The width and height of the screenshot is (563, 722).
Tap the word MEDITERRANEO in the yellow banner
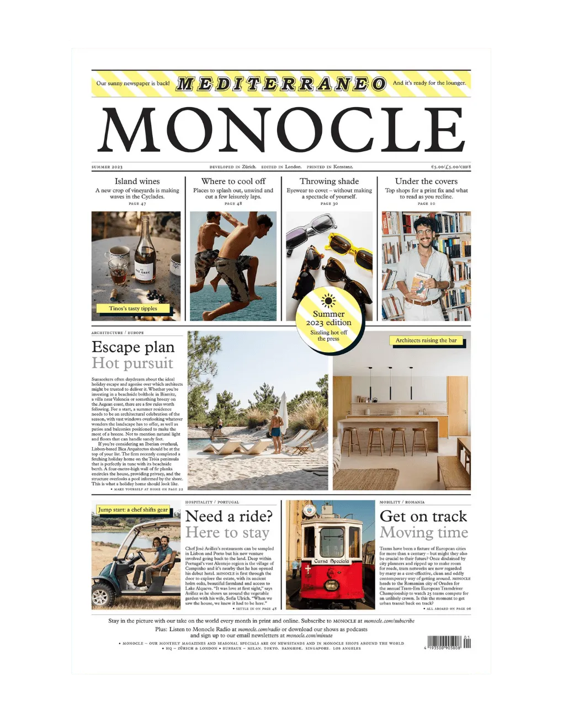(x=281, y=84)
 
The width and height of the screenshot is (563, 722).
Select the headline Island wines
(x=137, y=181)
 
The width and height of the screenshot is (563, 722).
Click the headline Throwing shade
(x=329, y=181)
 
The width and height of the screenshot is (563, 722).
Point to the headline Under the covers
(x=426, y=181)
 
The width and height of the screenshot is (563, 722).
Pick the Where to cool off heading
(x=233, y=181)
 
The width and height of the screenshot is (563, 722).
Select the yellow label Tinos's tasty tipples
(x=133, y=309)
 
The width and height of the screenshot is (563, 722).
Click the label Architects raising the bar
(x=426, y=341)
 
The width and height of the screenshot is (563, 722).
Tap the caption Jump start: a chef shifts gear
(x=133, y=509)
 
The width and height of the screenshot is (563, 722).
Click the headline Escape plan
(x=133, y=347)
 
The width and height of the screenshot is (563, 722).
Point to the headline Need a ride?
(x=229, y=516)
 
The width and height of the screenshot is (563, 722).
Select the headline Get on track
(x=423, y=516)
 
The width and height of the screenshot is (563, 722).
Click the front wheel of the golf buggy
(x=103, y=597)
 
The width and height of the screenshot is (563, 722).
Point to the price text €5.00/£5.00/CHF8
(x=451, y=167)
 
